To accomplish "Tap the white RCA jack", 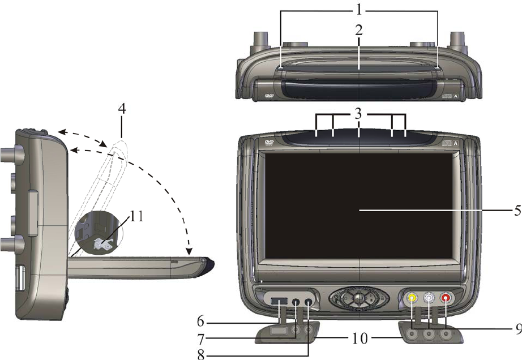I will point(429,297).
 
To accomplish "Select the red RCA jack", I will point(447,297).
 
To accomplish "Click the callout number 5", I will point(514,211).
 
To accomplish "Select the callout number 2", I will point(359,30).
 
